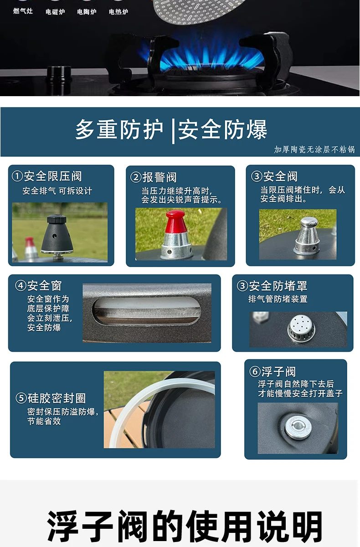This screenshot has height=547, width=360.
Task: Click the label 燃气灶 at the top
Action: pos(23,11)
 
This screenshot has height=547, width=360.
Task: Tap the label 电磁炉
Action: pos(55,12)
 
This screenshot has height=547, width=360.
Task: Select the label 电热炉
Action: pos(118,12)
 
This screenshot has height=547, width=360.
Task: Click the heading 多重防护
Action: pos(119,129)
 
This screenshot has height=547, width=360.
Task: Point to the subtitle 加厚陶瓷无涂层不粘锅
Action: pos(314,149)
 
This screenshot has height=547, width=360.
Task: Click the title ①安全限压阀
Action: pos(47,176)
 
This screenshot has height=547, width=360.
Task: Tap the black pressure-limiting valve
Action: pos(57,235)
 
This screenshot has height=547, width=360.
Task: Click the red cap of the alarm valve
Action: pos(175,221)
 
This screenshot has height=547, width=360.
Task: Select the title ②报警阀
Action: pos(153,177)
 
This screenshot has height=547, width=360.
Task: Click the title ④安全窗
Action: pos(38,285)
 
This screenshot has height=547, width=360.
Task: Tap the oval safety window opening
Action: pos(146,311)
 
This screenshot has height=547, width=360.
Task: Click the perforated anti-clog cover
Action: pos(301,327)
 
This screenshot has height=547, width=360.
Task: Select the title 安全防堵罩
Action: pos(278,286)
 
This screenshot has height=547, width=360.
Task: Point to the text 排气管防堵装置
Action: pos(278,299)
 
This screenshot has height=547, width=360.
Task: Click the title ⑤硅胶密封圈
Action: pos(51,398)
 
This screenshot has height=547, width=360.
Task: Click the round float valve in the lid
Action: pos(298,427)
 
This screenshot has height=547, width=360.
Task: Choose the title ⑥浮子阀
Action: pos(273,372)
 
